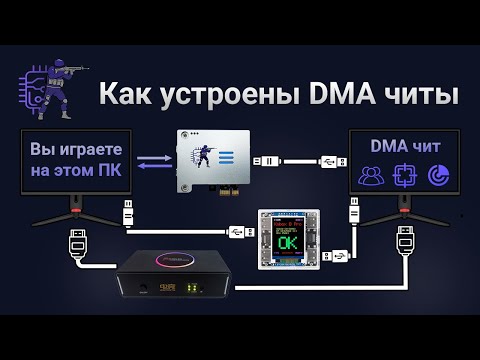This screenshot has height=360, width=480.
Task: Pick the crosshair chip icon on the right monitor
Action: (405, 175)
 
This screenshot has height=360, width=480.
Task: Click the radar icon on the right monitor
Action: (437, 175)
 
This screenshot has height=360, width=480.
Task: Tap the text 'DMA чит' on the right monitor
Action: (403, 146)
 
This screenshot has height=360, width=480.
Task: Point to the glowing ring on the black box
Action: (163, 264)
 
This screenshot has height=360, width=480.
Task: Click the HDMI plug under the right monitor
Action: (406, 241)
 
